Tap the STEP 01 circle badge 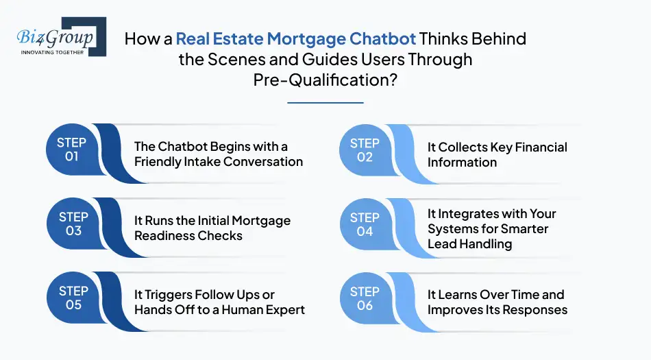(x=72, y=150)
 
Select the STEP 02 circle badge (x=365, y=150)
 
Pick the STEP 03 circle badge (x=72, y=224)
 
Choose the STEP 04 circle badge (x=365, y=224)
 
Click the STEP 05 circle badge (x=72, y=298)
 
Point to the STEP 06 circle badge (x=365, y=298)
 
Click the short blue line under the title (x=325, y=103)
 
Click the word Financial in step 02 (x=536, y=147)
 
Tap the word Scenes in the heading (x=245, y=59)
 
